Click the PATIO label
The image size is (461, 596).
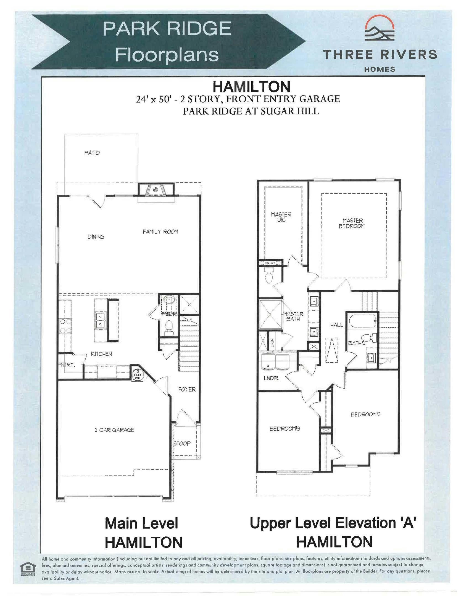coord(92,153)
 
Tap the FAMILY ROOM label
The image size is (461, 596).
coord(160,232)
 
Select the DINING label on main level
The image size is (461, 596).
coord(96,237)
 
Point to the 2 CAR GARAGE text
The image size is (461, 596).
coord(114,430)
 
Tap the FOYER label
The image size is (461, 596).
coord(187,389)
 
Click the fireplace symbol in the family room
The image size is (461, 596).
coord(156,190)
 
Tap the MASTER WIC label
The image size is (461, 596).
coord(281,217)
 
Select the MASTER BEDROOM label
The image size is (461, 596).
coord(352,223)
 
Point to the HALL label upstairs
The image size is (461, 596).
coord(336,325)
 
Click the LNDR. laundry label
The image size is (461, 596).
coord(271,378)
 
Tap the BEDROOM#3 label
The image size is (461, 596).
coord(285,429)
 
